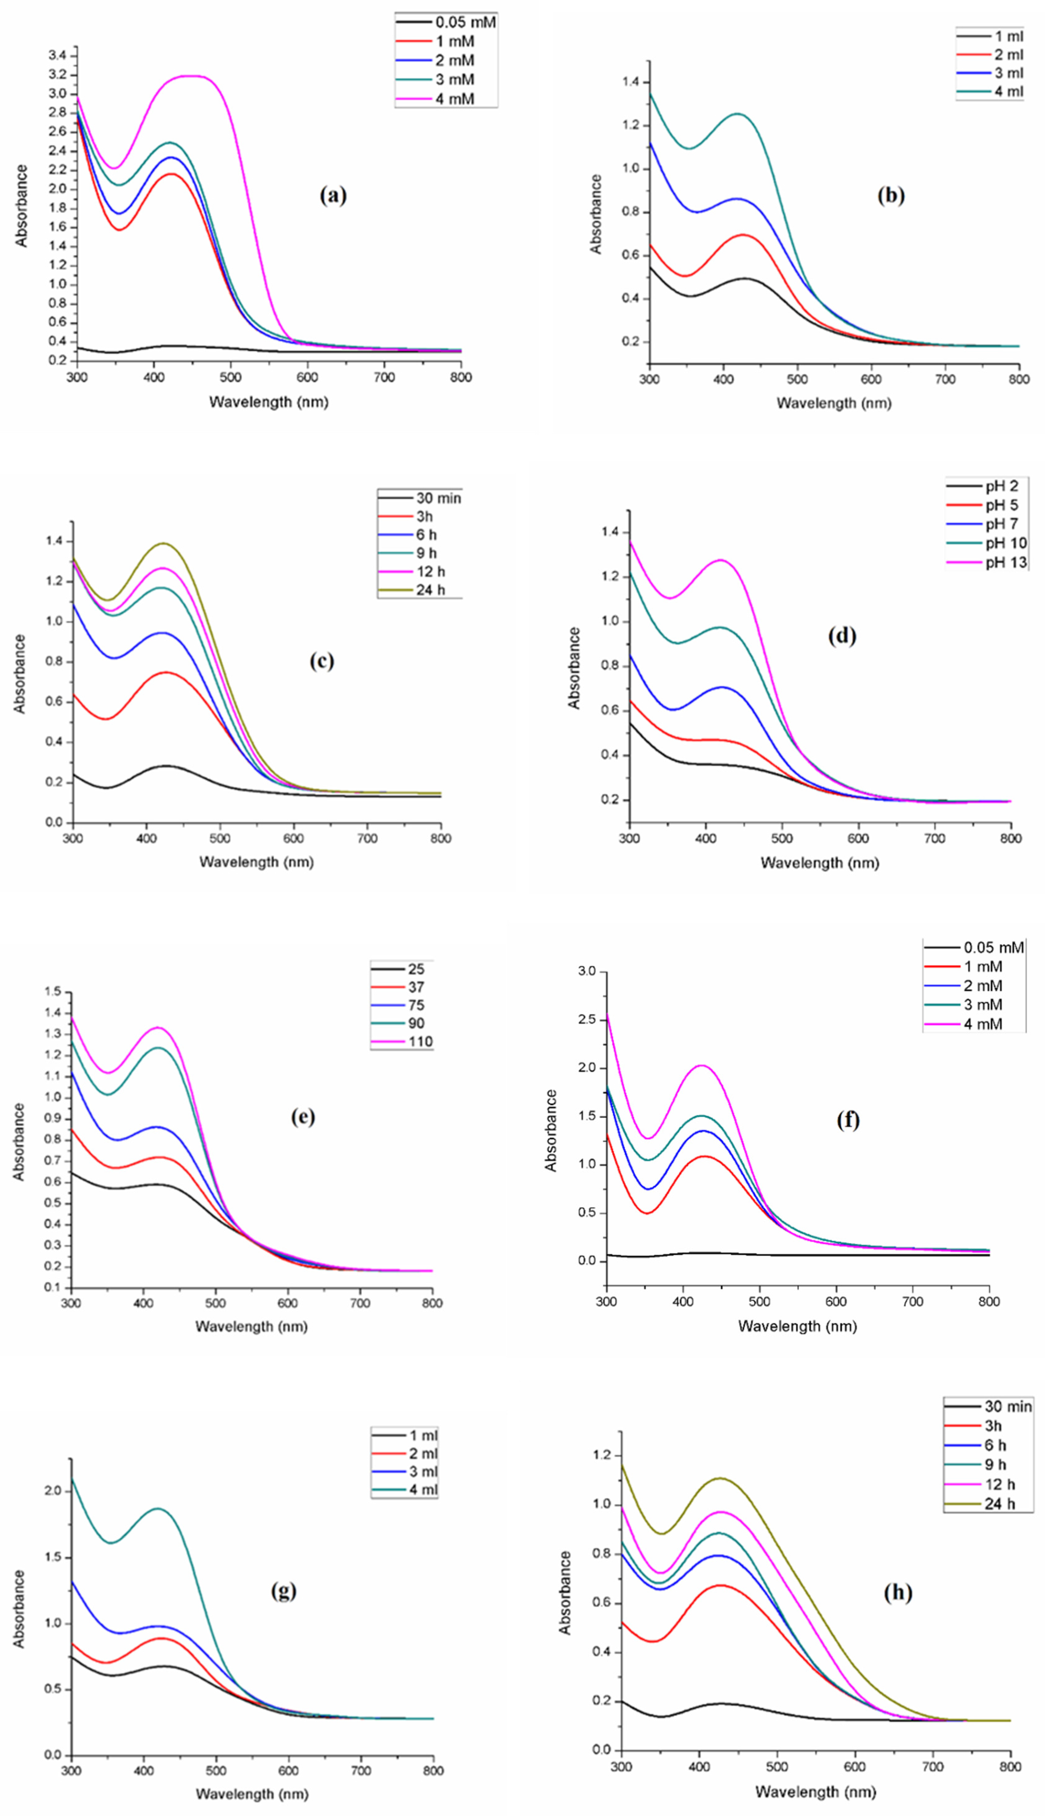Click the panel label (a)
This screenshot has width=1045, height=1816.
[x=333, y=195]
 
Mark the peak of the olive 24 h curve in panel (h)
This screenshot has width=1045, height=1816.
[x=720, y=1478]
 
